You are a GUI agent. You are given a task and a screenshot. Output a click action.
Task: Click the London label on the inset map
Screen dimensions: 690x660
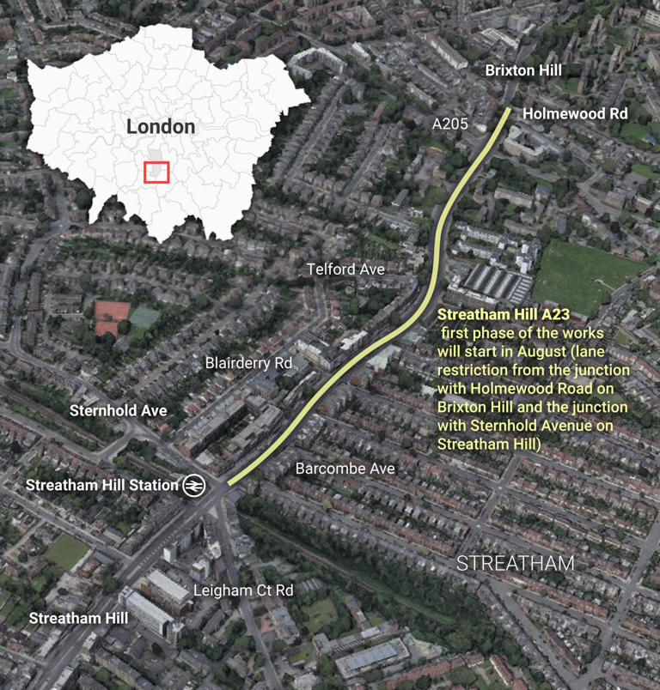coord(161,127)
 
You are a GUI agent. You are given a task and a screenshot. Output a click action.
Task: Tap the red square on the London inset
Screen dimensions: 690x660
coord(156,172)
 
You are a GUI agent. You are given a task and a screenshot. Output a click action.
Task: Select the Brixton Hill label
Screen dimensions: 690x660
coord(522,70)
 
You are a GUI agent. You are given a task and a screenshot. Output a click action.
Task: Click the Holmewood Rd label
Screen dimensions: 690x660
coord(575,113)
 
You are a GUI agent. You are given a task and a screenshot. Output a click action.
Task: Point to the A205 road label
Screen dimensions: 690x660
coord(450,124)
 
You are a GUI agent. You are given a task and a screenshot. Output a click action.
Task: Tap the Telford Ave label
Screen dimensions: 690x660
coord(346,269)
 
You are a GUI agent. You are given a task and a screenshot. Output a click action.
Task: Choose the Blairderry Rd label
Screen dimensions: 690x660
coord(249,363)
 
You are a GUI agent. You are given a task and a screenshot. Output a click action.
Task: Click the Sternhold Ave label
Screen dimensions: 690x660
coord(119,410)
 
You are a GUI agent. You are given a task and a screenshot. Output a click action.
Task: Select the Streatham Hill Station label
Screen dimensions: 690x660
coord(102,485)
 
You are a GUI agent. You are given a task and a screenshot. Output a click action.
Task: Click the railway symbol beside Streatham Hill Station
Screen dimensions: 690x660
coord(193,485)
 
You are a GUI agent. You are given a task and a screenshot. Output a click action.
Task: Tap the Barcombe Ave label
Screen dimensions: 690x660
coord(345,469)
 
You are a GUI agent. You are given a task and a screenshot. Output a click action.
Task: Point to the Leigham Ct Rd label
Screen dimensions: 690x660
coord(243,590)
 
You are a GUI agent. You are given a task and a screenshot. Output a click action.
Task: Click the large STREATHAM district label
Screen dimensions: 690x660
coord(515,564)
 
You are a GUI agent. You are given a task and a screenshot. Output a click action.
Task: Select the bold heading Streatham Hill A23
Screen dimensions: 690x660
coord(491,316)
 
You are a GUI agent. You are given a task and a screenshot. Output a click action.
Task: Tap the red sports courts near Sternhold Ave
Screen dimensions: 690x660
coord(113,318)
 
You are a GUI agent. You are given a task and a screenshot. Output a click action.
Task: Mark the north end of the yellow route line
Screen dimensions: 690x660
coord(508,110)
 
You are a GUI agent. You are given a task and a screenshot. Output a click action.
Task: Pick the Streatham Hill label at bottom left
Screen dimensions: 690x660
coord(78,618)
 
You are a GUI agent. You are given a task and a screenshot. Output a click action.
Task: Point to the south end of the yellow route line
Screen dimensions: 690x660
coord(230,482)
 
